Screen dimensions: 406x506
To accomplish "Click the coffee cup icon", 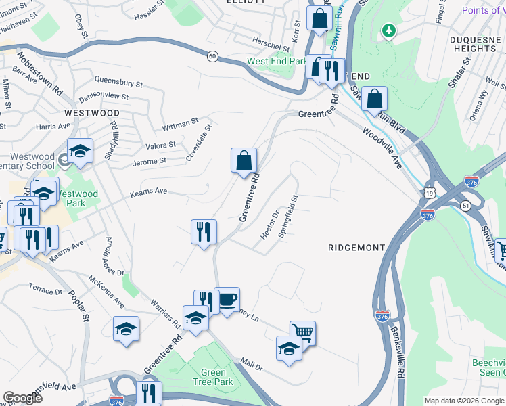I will (x=227, y=298).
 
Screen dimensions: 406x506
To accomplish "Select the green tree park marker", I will (x=389, y=30).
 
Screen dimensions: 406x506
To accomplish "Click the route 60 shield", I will (x=212, y=56).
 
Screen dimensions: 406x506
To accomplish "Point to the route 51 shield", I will (x=465, y=205).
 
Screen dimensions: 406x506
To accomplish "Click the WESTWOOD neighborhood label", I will (x=92, y=113).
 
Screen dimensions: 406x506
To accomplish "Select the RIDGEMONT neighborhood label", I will (x=356, y=248).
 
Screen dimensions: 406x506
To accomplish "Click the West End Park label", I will (x=277, y=61).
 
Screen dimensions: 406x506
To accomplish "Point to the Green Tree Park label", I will (x=214, y=378).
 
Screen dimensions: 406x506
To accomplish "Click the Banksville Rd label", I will (x=397, y=351).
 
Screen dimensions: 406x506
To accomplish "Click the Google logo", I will (x=22, y=397).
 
